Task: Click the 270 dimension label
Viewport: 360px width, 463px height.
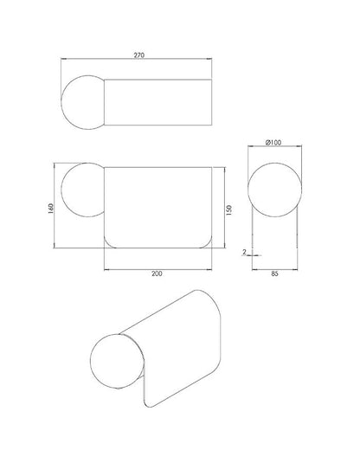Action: tap(139, 55)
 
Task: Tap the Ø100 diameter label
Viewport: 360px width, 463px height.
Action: tap(273, 143)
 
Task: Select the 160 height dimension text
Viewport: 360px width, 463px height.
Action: tap(50, 209)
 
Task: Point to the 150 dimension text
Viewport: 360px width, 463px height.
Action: tap(228, 209)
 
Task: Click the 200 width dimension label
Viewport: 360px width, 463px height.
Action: tap(157, 273)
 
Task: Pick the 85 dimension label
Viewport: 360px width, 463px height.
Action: tap(274, 273)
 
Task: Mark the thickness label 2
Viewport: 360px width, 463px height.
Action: tap(244, 252)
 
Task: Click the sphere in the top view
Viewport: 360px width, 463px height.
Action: tap(61, 102)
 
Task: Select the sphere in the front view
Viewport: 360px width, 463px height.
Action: tap(61, 190)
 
